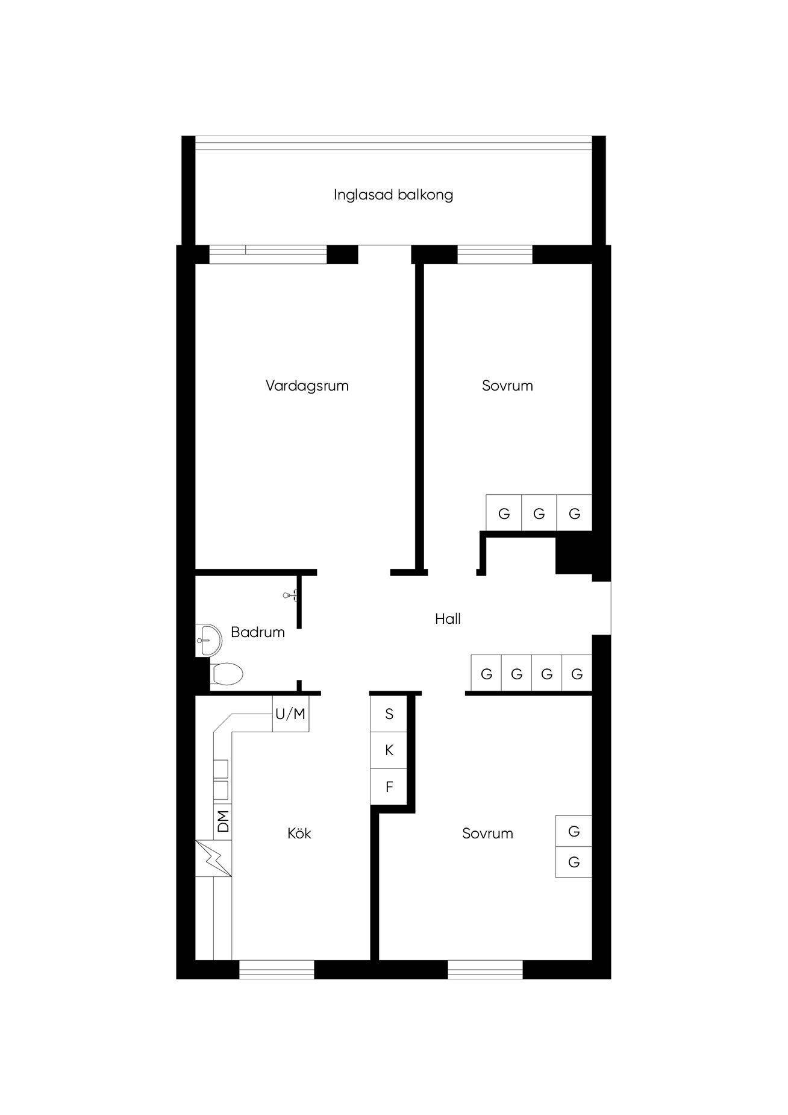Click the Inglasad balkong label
click(x=393, y=195)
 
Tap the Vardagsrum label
click(x=307, y=386)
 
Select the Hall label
click(x=448, y=619)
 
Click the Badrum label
click(x=258, y=632)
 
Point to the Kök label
click(x=299, y=834)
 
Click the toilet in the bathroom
click(x=227, y=673)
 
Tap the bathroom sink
click(x=208, y=639)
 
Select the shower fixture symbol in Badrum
click(x=290, y=595)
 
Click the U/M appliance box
click(x=290, y=714)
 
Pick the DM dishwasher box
click(x=223, y=821)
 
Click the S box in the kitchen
click(x=389, y=714)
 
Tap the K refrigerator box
click(x=389, y=750)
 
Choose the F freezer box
click(x=389, y=787)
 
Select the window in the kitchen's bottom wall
click(x=277, y=969)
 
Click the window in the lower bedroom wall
click(x=485, y=969)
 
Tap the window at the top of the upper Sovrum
click(x=495, y=254)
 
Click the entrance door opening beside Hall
click(x=602, y=608)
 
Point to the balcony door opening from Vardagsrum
click(x=384, y=254)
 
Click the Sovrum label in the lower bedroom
click(x=488, y=834)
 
